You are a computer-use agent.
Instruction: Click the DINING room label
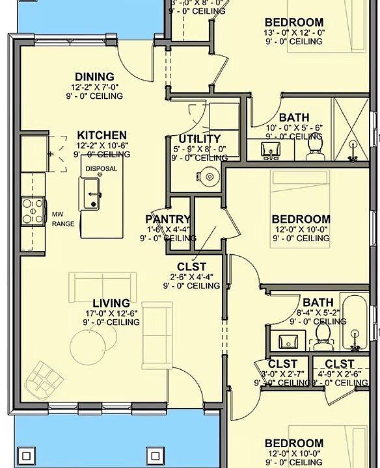(94, 77)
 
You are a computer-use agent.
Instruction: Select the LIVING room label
(111, 303)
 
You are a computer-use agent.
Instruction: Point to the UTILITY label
(200, 138)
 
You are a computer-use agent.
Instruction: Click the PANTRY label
(168, 219)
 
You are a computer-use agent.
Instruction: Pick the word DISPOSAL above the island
(101, 168)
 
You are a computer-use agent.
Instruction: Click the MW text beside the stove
(57, 213)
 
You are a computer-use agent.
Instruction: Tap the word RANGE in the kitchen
(63, 224)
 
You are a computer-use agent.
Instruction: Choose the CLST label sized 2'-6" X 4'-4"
(191, 266)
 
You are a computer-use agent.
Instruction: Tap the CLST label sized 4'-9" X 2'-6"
(340, 364)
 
